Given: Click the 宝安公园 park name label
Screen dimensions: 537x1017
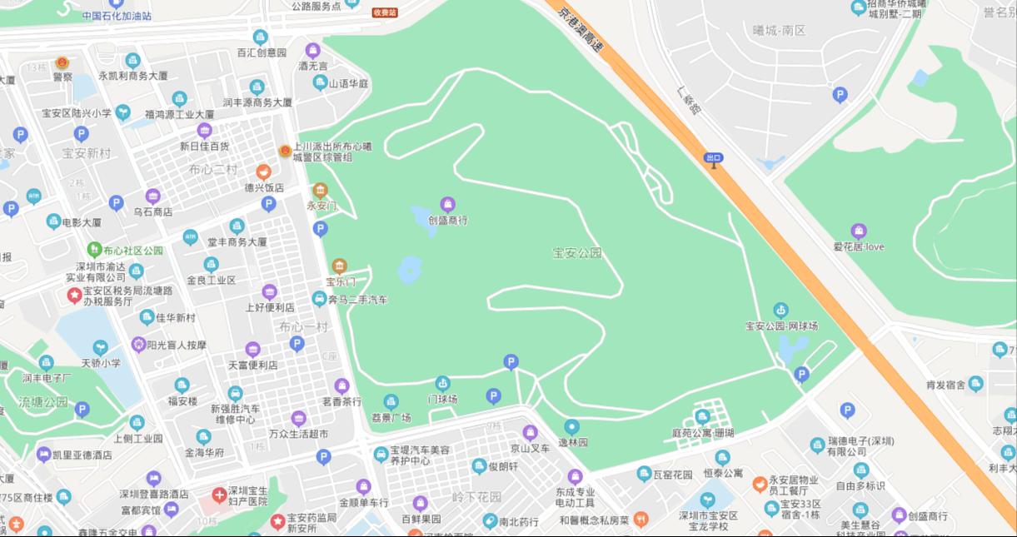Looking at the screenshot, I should tap(576, 253).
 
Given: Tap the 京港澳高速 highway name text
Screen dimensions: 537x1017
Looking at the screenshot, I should tap(581, 29).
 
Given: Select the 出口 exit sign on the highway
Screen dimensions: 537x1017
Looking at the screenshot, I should tap(713, 157).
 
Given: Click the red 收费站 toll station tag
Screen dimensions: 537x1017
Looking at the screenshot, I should tap(384, 12).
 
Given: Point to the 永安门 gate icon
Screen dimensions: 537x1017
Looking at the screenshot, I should tap(320, 191).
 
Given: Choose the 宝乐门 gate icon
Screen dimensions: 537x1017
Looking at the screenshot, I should tap(339, 266).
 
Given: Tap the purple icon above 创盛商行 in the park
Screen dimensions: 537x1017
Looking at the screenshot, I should tap(447, 205).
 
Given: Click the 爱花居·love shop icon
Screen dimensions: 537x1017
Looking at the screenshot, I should tap(858, 231).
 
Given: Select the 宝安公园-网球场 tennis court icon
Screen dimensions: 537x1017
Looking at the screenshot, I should tap(780, 310).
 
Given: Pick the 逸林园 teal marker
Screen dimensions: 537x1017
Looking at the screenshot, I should tap(571, 427).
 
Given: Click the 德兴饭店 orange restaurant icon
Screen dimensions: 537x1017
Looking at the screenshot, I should tap(263, 172).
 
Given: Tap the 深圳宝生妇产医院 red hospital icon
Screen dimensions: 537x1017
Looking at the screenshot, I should tap(219, 495).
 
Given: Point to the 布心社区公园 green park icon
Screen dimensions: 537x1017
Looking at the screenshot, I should tap(94, 250).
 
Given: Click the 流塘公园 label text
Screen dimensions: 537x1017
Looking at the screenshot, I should tap(43, 402).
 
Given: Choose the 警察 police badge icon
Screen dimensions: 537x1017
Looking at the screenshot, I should tap(62, 62).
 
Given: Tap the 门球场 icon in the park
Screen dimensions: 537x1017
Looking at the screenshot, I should tap(442, 383).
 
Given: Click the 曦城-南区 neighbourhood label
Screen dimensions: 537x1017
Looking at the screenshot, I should tap(779, 31).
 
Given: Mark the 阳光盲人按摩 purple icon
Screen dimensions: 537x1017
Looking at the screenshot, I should tap(138, 344).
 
